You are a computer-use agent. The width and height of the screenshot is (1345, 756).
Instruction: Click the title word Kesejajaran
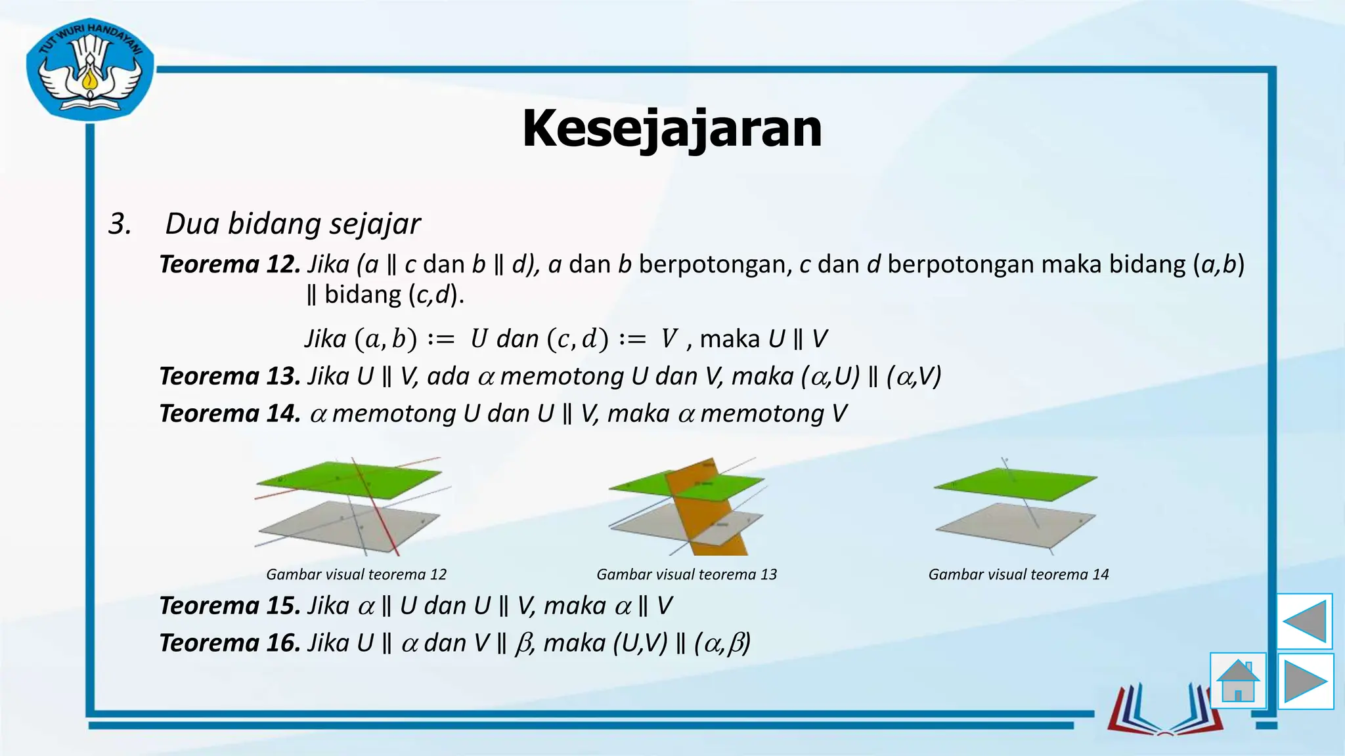(x=672, y=129)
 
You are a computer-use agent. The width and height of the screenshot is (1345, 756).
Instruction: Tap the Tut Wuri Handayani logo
(x=90, y=70)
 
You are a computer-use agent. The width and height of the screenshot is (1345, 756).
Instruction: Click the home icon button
(x=1238, y=681)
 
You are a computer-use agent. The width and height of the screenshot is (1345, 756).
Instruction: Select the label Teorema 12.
(x=230, y=264)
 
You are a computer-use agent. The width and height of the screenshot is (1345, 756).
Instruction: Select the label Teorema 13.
(x=230, y=377)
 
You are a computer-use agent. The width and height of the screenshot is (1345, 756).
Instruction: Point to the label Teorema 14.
(x=230, y=414)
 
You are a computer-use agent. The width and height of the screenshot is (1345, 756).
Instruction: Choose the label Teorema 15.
(x=230, y=606)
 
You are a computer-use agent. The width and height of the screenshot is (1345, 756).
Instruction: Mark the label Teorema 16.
(x=230, y=643)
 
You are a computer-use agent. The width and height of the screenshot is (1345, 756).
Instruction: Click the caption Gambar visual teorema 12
(x=356, y=575)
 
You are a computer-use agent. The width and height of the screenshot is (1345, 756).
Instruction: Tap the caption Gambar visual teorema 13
(x=686, y=575)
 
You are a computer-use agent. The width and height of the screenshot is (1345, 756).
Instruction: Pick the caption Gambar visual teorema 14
(x=1018, y=575)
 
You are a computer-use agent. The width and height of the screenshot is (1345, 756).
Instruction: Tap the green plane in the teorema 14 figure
(x=1015, y=484)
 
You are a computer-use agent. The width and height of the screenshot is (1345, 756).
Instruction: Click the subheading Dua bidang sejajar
(x=292, y=224)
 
